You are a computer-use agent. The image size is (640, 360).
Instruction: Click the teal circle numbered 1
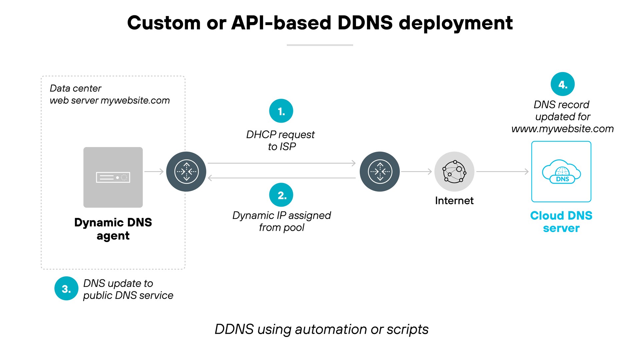pos(281,111)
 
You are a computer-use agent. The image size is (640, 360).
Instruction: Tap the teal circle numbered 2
pos(281,195)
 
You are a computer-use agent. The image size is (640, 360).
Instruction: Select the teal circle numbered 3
pos(66,289)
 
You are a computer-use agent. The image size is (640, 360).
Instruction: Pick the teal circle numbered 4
pos(562,84)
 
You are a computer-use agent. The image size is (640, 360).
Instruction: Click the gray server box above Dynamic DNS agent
pos(113,177)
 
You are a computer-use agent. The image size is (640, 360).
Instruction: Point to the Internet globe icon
pos(454,172)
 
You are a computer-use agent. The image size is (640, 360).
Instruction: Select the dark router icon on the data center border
pos(186,172)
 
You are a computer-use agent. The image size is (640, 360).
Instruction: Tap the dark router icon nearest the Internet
pos(379,172)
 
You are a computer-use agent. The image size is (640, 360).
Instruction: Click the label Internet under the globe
pos(454,201)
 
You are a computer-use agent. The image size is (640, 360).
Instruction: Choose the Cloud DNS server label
pos(561,222)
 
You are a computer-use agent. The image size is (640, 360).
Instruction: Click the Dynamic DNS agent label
pos(113,229)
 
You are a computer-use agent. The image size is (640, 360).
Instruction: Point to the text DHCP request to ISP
pos(281,140)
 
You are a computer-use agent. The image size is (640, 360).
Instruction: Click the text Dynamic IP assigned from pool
pos(282,221)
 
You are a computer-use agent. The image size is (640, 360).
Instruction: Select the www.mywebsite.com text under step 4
pos(562,129)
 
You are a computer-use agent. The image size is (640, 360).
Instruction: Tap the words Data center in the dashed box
pos(75,88)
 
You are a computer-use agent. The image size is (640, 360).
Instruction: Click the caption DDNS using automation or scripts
pos(321,329)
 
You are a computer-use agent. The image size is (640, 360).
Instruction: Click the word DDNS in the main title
pos(365,23)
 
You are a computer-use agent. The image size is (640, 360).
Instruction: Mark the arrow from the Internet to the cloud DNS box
pos(502,172)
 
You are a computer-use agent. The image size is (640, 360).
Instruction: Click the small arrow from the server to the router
pos(154,172)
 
